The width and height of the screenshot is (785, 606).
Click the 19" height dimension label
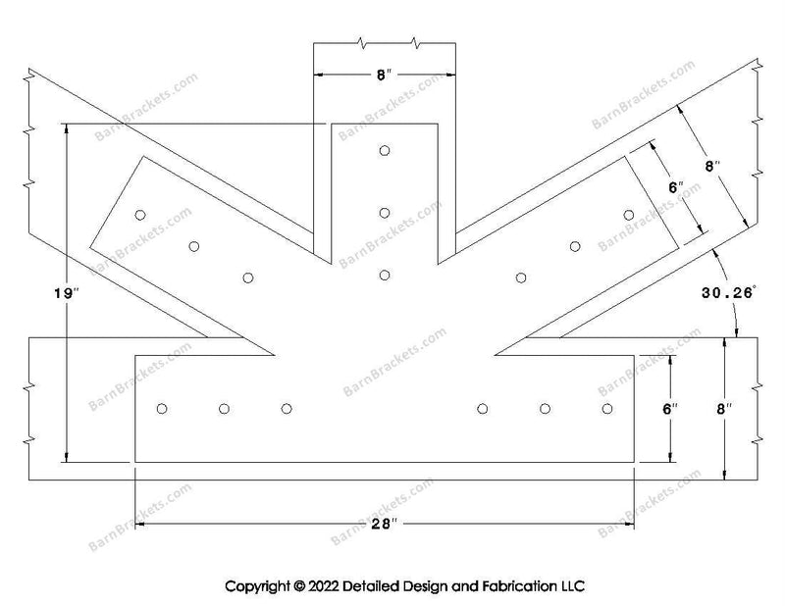[67, 293]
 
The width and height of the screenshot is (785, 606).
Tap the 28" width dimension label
[384, 524]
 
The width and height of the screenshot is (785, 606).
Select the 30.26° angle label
[727, 293]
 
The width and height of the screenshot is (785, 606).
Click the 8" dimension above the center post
[384, 76]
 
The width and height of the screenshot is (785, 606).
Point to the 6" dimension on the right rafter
[676, 187]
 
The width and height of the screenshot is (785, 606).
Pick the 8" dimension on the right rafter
[712, 166]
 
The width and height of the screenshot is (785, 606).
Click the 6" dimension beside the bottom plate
[670, 409]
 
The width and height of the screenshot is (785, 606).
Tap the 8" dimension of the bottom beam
[724, 409]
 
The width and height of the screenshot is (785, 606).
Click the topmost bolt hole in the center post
[385, 151]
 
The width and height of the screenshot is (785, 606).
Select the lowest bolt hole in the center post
[385, 276]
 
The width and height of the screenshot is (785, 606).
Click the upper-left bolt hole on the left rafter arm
[140, 215]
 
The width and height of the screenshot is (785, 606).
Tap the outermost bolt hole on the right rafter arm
[629, 215]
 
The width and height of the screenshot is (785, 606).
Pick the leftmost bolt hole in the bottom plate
[162, 409]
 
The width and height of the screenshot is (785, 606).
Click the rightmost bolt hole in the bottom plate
[607, 409]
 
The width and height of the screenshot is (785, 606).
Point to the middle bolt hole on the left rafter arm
[194, 246]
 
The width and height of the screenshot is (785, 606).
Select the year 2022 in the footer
[324, 585]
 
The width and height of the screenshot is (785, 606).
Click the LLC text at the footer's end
[572, 585]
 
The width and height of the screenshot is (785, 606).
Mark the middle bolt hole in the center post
[385, 213]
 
